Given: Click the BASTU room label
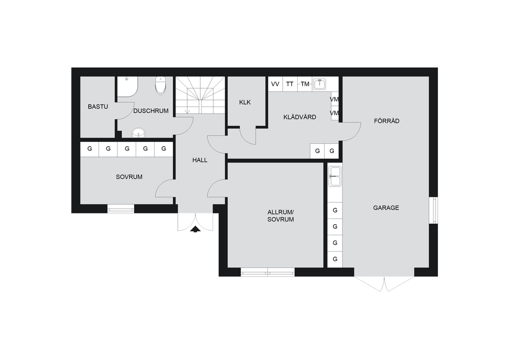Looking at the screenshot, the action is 98,106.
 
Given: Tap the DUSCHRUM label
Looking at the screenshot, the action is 151,111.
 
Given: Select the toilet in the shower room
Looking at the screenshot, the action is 161,85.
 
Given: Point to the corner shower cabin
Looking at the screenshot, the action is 127,87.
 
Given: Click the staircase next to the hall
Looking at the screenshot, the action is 200,95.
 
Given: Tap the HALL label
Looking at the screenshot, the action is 200,160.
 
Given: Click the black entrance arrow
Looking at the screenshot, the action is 195,230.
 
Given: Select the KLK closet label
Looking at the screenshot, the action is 245,102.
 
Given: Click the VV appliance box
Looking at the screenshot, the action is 275,84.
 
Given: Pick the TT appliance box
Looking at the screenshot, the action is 290,84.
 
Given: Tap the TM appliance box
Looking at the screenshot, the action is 305,84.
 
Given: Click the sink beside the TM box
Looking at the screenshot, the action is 320,84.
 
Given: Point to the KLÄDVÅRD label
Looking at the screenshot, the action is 300,117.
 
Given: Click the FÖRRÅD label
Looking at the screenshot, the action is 387,121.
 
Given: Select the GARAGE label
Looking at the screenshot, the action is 386,208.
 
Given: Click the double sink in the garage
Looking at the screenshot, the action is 335,176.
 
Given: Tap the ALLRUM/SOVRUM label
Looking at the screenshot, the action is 281,216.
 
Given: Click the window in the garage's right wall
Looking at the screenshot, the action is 433,210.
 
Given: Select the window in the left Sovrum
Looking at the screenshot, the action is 121,209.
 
